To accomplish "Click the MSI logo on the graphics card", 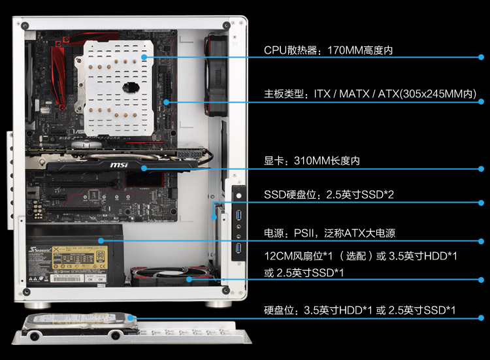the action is click(x=119, y=165).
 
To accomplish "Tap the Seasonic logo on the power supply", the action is click(x=40, y=250).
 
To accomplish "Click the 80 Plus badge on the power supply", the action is click(x=100, y=257).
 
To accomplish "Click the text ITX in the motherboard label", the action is click(x=322, y=93).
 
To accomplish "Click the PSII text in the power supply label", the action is click(x=303, y=233).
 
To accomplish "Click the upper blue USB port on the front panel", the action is click(x=238, y=216).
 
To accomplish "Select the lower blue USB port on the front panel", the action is click(x=238, y=248).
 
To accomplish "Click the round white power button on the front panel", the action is click(x=238, y=196).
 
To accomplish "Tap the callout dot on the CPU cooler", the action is click(x=144, y=57).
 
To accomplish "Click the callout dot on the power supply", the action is click(x=101, y=240).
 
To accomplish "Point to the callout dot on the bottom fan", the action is click(x=189, y=279).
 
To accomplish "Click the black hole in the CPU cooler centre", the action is click(x=131, y=87).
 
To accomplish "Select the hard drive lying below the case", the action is click(x=80, y=324).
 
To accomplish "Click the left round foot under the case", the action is click(x=37, y=305).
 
